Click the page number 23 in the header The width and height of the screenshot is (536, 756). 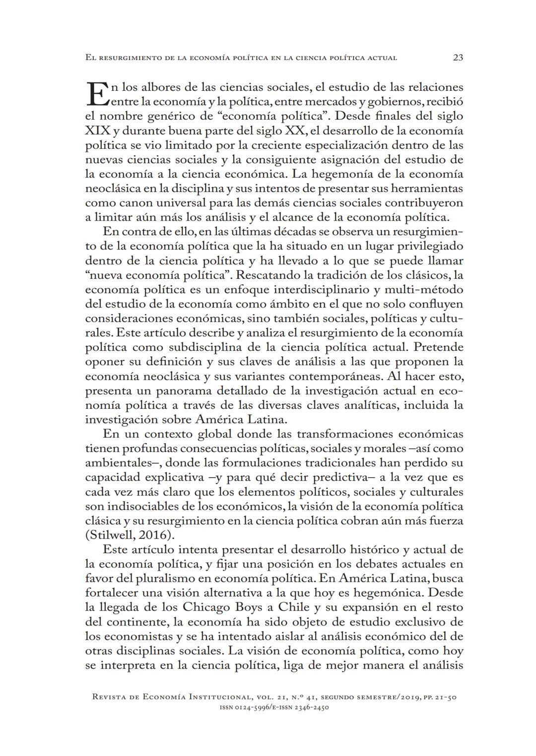coord(458,58)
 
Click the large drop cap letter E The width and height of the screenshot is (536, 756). coord(97,94)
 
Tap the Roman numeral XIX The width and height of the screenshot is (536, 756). coord(98,131)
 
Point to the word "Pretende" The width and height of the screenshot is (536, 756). coord(438,347)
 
